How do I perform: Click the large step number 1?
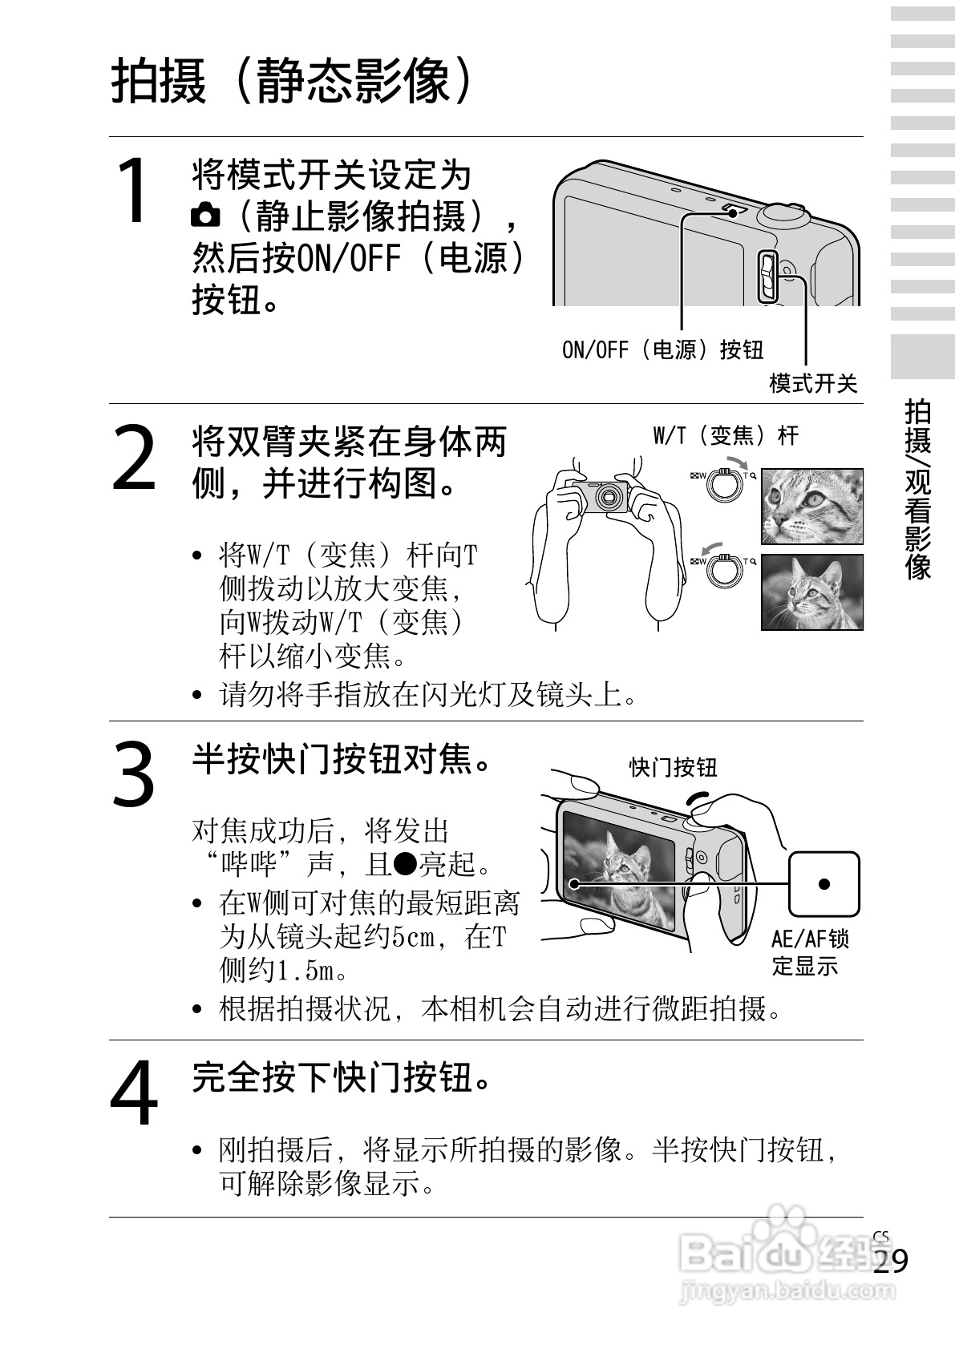tap(134, 190)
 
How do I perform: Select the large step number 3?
tap(133, 774)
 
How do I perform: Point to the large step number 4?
tap(134, 1093)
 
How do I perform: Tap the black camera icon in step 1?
tap(205, 215)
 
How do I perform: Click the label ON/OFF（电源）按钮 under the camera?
tap(662, 350)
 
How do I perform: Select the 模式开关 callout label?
tap(813, 383)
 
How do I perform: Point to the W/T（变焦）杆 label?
tap(726, 435)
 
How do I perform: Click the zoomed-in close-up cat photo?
tap(812, 507)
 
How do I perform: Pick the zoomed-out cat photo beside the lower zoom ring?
tap(812, 592)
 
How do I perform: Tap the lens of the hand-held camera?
tap(609, 497)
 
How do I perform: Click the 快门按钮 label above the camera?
tap(674, 767)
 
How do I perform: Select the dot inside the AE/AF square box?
tap(824, 884)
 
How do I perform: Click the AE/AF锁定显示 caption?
tap(810, 952)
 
